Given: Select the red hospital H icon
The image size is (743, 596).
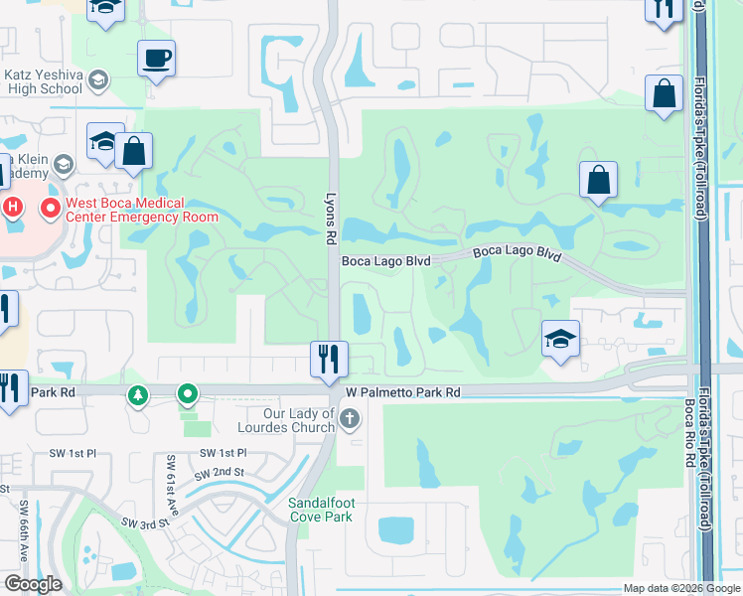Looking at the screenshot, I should [13, 208].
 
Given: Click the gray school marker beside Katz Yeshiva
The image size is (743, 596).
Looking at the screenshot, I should [97, 78].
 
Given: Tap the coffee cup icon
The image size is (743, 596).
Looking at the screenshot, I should [155, 58].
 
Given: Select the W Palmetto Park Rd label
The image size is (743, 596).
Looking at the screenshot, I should [403, 392].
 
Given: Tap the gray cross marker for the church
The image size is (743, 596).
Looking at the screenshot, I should [349, 419].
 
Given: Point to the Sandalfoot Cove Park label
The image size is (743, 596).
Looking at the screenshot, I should [320, 511].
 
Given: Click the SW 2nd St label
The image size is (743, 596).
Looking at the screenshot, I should [220, 472].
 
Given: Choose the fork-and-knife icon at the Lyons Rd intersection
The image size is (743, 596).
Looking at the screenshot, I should [329, 359].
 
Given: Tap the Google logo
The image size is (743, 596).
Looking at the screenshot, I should [33, 584].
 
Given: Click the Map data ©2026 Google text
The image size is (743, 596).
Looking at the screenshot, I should [680, 588].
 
